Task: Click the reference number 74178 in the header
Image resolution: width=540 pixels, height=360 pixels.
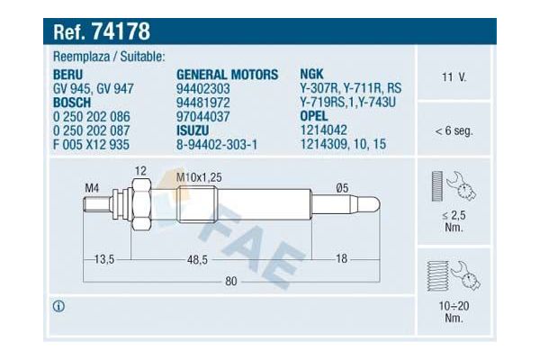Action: tap(121, 31)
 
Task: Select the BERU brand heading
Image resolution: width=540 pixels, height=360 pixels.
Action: tap(67, 75)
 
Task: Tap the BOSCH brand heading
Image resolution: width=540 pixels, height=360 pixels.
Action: tap(72, 103)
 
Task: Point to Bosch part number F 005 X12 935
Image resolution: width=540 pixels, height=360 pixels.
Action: tap(91, 144)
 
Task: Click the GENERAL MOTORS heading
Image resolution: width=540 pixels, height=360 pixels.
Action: tap(227, 75)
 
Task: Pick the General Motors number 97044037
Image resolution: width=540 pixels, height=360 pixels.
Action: tap(202, 116)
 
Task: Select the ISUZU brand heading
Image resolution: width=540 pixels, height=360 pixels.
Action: tap(193, 130)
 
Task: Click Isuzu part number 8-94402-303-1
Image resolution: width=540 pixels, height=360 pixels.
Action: tap(217, 144)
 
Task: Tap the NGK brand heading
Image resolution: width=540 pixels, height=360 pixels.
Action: tap(311, 74)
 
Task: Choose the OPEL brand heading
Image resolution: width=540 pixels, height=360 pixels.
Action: tap(314, 116)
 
